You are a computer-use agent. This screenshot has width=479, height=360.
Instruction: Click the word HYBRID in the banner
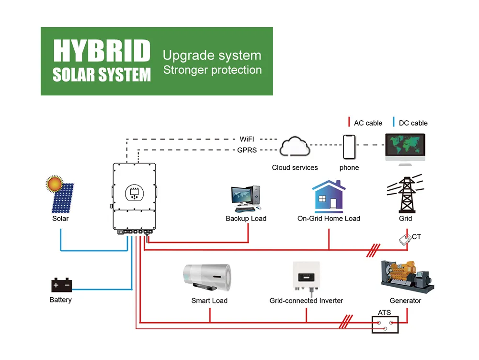pos(102,51)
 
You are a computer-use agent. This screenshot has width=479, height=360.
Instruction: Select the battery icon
pos(61,285)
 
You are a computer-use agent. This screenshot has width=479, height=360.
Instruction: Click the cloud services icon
pos(295,147)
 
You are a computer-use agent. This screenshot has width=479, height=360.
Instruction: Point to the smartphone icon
pos(349,147)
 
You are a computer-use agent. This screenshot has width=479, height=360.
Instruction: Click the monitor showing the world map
pos(405,148)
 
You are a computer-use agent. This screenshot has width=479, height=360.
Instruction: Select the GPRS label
pos(247,150)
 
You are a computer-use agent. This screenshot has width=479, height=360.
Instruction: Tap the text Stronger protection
pos(212,70)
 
